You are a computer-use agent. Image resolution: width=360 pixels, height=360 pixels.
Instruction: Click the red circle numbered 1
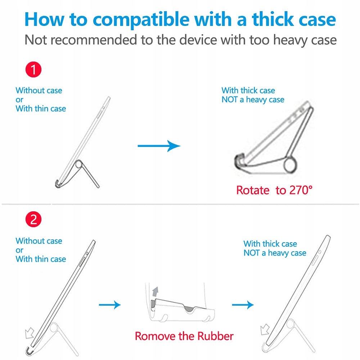[x=33, y=69]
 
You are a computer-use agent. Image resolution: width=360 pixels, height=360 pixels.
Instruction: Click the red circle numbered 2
[x=33, y=219]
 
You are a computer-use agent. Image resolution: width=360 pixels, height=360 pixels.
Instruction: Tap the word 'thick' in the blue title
[x=273, y=19]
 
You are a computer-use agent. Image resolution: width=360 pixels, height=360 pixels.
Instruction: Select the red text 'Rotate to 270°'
[x=274, y=190]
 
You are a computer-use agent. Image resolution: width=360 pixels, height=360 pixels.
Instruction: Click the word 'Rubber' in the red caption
[x=215, y=336]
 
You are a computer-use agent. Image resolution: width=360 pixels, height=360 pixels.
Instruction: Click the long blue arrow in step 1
[x=159, y=146]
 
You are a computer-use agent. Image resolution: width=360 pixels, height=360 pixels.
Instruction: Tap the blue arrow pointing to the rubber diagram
[x=110, y=305]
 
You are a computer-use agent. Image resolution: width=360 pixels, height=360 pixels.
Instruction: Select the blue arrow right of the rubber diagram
[x=243, y=305]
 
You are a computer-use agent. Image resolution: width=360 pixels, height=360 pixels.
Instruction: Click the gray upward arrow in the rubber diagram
[x=156, y=292]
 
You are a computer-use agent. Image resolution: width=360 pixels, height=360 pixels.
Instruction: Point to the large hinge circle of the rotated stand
[x=290, y=165]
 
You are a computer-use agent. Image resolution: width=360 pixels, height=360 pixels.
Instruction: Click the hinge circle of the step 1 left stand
[x=78, y=165]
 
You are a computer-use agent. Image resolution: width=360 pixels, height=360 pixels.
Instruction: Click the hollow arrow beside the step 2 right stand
[x=265, y=329]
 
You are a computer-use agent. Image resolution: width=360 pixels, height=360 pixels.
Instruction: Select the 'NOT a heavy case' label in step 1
[x=253, y=100]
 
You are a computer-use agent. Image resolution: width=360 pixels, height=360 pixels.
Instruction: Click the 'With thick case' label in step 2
[x=270, y=244]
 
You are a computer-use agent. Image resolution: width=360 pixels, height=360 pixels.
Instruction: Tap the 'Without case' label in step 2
[x=39, y=241]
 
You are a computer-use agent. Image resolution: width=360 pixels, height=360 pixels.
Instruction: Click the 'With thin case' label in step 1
[x=41, y=109]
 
